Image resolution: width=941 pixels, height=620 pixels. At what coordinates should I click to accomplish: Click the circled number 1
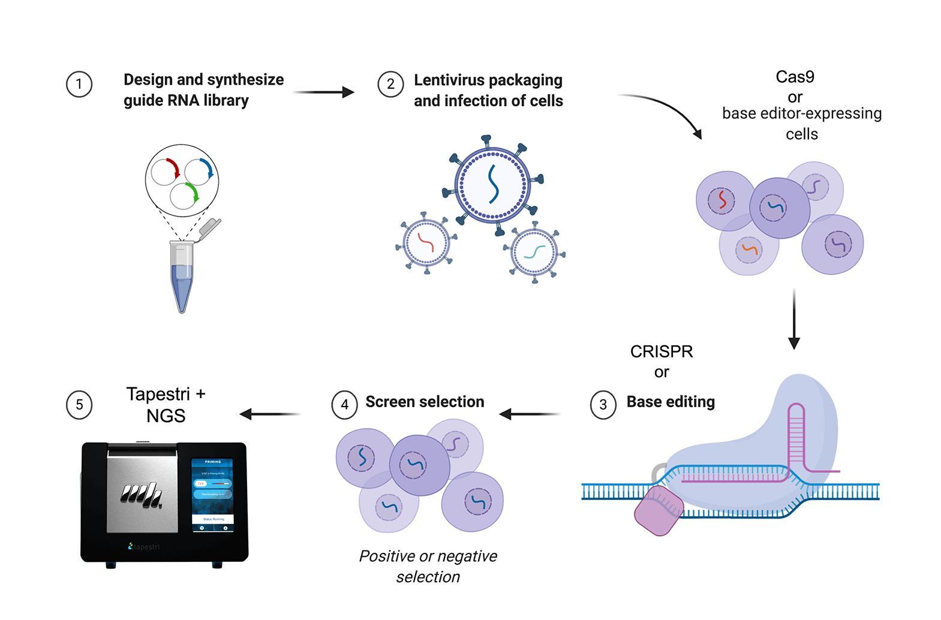coord(79,85)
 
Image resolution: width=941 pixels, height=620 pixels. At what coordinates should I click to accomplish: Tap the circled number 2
coord(390,85)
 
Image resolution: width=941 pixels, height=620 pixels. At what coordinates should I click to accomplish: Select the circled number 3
coord(603,405)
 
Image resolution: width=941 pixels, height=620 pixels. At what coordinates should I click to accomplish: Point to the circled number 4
coord(344,405)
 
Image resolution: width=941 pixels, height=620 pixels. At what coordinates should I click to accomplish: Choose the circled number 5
coord(79,405)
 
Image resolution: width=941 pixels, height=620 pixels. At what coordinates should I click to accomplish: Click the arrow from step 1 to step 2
coord(324,92)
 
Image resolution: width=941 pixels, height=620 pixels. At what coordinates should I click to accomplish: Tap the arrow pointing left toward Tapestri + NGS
coord(270,414)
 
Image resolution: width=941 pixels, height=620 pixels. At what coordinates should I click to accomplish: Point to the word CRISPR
coord(662,352)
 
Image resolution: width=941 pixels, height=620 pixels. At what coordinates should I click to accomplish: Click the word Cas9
coord(795,77)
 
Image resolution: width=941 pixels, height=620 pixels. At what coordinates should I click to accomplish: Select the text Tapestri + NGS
coord(166,405)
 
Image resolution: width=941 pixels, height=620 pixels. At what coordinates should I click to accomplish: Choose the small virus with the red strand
coord(426,243)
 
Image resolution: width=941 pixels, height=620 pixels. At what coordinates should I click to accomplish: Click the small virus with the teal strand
coord(534,252)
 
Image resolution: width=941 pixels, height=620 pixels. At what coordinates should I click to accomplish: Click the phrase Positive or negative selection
coord(428,566)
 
